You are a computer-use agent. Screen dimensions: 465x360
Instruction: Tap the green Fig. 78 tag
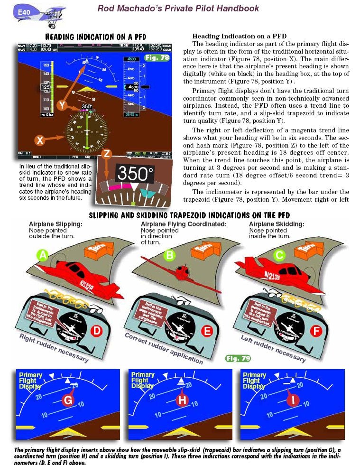pyautogui.click(x=157, y=58)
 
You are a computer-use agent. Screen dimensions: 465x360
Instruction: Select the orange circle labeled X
pyautogui.click(x=40, y=140)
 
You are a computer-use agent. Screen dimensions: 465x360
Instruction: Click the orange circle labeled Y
pyautogui.click(x=62, y=105)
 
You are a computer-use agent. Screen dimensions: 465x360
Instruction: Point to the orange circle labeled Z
pyautogui.click(x=107, y=153)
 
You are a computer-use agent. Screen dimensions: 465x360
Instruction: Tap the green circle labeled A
pyautogui.click(x=43, y=256)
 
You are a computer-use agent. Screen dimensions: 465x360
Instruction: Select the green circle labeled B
pyautogui.click(x=169, y=256)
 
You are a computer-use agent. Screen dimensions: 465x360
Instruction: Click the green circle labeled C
pyautogui.click(x=279, y=256)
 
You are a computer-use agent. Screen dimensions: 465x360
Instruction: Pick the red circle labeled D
pyautogui.click(x=97, y=331)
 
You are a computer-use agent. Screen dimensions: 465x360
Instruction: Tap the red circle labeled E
pyautogui.click(x=206, y=331)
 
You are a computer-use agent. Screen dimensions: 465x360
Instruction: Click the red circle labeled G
pyautogui.click(x=68, y=400)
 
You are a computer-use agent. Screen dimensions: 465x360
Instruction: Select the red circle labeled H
pyautogui.click(x=182, y=400)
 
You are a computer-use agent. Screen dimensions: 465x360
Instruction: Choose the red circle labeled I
pyautogui.click(x=294, y=400)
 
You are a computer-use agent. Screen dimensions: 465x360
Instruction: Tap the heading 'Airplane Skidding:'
pyautogui.click(x=277, y=224)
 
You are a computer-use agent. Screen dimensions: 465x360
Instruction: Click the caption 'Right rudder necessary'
pyautogui.click(x=54, y=348)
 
